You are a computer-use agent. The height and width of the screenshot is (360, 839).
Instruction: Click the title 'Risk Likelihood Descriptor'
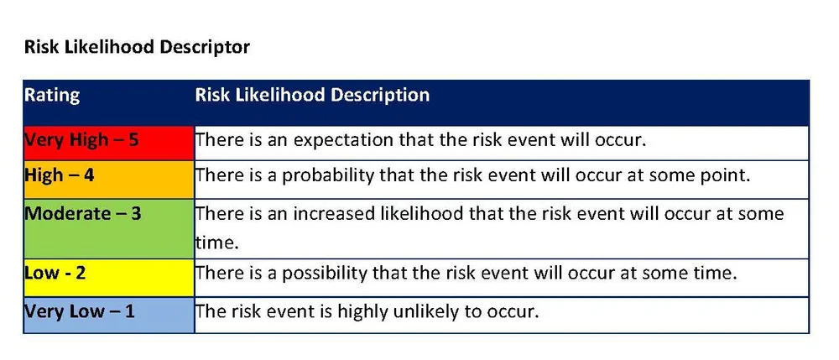(138, 47)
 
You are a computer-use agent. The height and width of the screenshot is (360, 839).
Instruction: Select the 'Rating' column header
(52, 95)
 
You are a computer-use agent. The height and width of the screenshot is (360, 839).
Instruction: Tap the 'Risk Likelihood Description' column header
(312, 95)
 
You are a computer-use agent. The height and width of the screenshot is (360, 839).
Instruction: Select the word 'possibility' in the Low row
(320, 274)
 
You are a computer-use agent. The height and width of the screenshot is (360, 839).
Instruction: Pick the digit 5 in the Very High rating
(133, 139)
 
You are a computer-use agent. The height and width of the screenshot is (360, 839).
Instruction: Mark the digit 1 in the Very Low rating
(129, 311)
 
